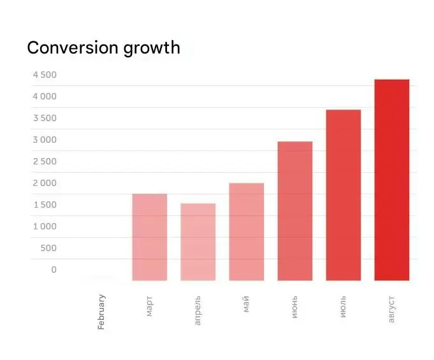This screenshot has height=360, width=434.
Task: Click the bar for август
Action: pos(391,180)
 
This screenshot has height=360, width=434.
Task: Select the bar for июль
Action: pos(343,195)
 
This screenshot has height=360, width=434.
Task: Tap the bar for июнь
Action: pos(295,211)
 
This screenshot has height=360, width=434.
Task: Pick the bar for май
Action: pos(247,232)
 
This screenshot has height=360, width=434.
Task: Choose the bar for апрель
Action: pos(198,242)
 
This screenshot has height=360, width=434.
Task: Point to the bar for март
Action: pos(150,237)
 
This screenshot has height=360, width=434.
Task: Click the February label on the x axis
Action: pos(102,312)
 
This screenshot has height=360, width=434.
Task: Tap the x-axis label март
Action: pos(150,306)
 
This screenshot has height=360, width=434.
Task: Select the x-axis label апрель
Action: pos(198,310)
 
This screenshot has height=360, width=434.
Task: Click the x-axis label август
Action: pos(391,308)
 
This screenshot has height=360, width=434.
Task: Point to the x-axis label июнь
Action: pos(295,306)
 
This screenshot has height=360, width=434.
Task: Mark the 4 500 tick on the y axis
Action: pos(45,75)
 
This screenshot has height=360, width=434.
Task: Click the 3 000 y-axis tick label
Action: pos(45,140)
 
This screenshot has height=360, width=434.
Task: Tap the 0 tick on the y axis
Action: pos(54,270)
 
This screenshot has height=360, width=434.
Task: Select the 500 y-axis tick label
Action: pos(48,248)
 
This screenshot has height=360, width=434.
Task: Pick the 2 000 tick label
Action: pos(45,184)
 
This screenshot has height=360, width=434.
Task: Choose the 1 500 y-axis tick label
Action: pos(45,205)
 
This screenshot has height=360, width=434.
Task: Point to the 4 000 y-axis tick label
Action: pos(45,97)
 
